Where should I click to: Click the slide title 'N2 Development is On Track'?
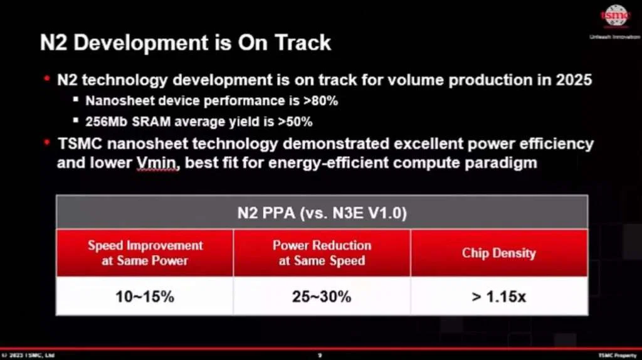point(186,43)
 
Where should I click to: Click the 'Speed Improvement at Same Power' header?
point(145,252)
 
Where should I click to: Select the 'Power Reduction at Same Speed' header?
point(322,252)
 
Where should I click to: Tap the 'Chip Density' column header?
point(499,253)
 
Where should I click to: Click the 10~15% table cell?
point(145,296)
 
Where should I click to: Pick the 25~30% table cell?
point(322,296)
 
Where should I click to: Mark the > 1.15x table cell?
point(499,296)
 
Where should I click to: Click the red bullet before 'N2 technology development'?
point(46,80)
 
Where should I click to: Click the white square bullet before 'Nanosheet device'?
point(76,100)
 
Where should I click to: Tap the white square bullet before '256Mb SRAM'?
point(76,121)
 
